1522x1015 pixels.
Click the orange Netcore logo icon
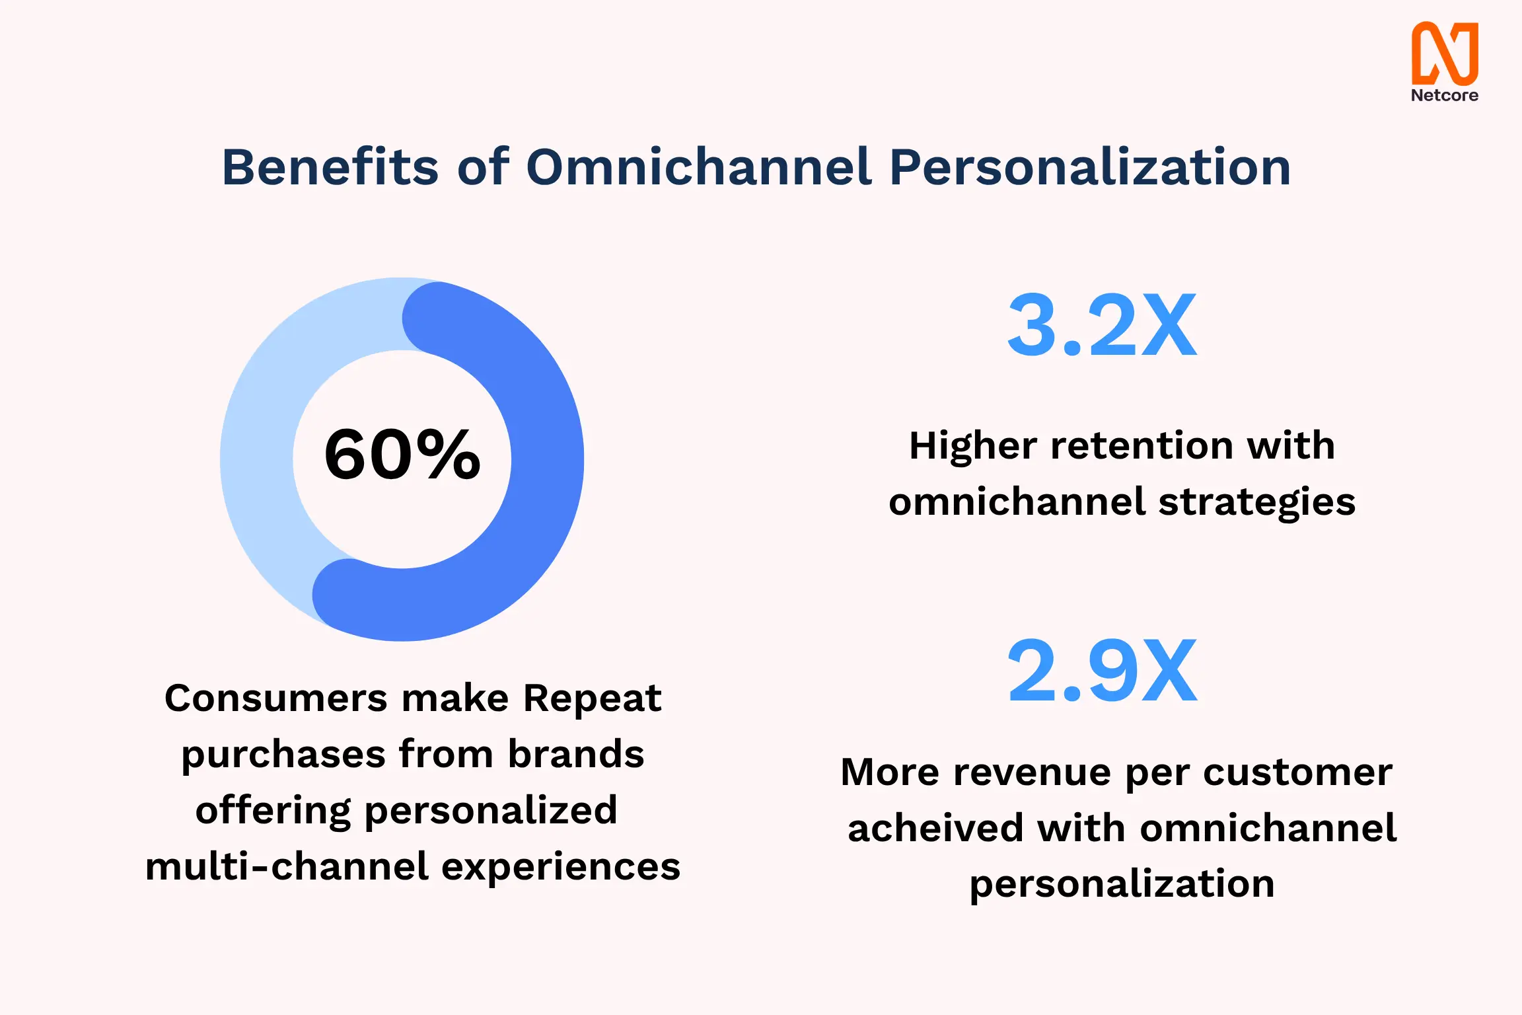[1445, 53]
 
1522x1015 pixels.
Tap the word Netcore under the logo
[1445, 95]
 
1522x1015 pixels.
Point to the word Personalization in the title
[1090, 168]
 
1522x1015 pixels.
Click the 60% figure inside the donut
[402, 454]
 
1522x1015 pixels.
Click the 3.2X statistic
[1102, 325]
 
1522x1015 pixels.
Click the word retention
[1141, 445]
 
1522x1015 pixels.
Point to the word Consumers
[276, 698]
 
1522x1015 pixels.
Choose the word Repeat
[592, 698]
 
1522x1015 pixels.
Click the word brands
[576, 754]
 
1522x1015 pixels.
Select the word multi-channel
[287, 866]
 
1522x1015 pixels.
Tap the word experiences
[561, 868]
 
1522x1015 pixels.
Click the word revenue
[1033, 772]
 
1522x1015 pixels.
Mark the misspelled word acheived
[935, 829]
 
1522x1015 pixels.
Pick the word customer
[1297, 772]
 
